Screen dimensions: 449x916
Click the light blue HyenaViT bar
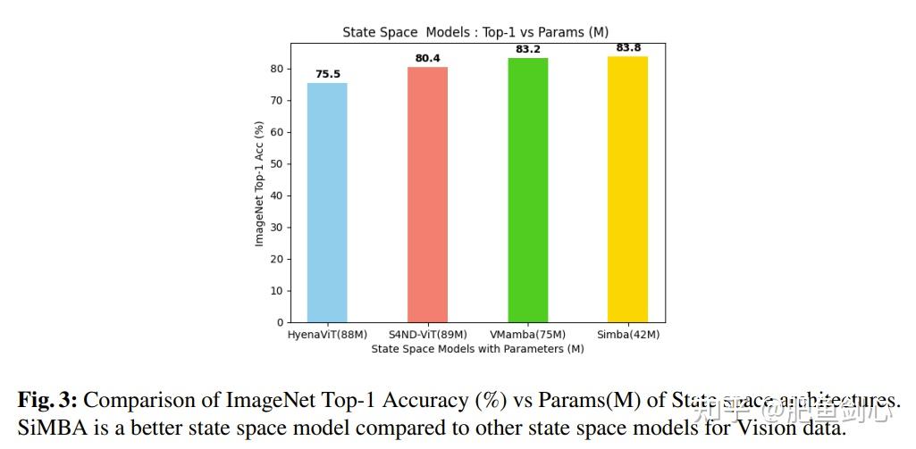tap(327, 203)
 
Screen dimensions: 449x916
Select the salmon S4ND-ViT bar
tap(427, 195)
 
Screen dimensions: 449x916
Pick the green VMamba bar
tap(528, 190)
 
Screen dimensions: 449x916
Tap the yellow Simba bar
tap(628, 189)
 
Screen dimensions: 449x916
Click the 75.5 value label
tap(328, 74)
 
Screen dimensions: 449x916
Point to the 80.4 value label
tap(427, 59)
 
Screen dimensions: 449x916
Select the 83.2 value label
tap(528, 49)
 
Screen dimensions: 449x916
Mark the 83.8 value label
tap(628, 47)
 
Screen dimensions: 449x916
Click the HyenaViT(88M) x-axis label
tap(327, 335)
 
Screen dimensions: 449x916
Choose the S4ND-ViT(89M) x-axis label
tap(427, 335)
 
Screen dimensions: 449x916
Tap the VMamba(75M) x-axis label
tap(528, 335)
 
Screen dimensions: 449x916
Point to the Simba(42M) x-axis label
tap(628, 335)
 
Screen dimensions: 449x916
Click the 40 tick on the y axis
tap(278, 195)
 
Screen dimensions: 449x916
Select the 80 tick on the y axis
tap(278, 69)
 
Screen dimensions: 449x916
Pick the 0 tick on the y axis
tap(281, 322)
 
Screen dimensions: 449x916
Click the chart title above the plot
tap(475, 32)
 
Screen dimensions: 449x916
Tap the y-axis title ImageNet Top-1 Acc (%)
tap(260, 184)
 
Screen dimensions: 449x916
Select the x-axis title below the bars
tap(477, 349)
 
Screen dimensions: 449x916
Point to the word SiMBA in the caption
tap(45, 428)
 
